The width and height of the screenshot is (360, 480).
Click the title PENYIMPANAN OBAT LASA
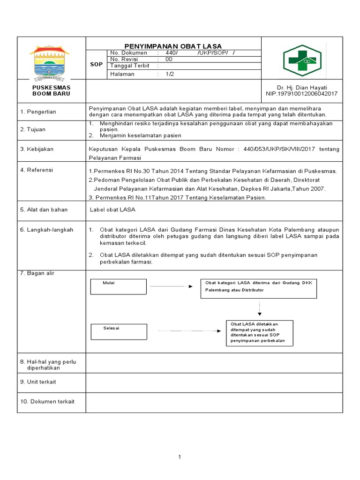(173, 46)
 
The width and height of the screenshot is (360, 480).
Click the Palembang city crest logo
(51, 61)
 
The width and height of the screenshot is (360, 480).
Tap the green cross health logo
(302, 60)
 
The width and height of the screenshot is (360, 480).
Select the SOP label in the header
(96, 64)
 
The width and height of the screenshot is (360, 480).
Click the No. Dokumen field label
(128, 53)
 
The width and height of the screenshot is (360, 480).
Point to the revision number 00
(169, 60)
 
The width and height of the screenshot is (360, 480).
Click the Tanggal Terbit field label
(130, 66)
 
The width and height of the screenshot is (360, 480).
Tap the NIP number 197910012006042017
(301, 94)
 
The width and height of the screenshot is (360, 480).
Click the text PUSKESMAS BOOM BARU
(51, 90)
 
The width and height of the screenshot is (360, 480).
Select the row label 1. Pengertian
(38, 112)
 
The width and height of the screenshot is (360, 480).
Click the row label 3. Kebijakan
(37, 149)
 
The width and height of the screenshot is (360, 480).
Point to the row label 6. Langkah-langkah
(46, 230)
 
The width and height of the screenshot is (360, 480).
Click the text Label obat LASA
(112, 210)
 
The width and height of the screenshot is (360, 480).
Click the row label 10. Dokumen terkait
(47, 401)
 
